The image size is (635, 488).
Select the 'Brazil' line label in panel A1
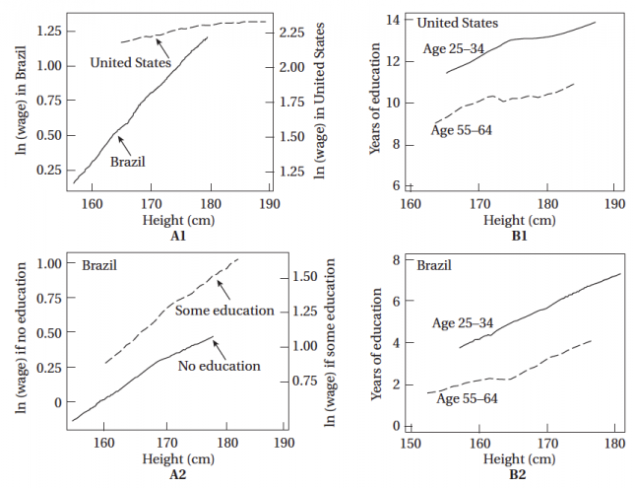tap(129, 161)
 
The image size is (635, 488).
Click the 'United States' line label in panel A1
tap(130, 62)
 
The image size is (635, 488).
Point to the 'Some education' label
tap(224, 311)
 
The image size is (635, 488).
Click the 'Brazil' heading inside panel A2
tap(101, 265)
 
